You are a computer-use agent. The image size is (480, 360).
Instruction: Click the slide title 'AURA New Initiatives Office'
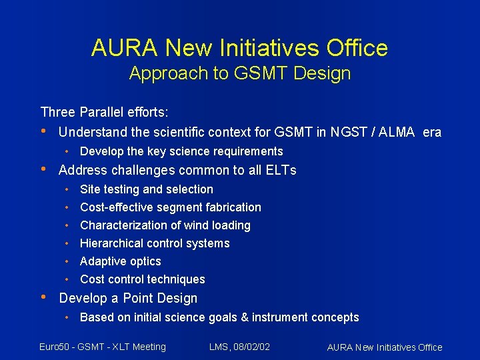click(239, 48)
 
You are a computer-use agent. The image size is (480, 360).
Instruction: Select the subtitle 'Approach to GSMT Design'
click(239, 73)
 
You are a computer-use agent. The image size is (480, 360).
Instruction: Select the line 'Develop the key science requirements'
click(181, 151)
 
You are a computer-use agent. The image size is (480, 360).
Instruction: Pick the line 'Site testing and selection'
click(147, 189)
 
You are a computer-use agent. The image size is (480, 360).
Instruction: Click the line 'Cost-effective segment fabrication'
click(171, 207)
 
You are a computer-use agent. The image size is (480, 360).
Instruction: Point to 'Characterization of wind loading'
click(165, 225)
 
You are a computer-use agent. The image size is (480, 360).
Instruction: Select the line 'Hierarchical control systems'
click(155, 243)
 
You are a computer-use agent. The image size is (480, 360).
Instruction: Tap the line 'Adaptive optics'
click(121, 261)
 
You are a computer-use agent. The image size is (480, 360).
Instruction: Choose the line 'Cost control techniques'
click(143, 279)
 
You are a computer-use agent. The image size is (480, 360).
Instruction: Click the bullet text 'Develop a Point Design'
click(128, 298)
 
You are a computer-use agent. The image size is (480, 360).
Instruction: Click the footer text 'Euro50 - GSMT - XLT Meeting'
click(103, 346)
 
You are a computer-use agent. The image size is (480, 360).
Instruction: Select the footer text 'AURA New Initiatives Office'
click(385, 347)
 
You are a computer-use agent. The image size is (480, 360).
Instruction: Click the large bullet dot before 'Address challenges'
click(44, 169)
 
